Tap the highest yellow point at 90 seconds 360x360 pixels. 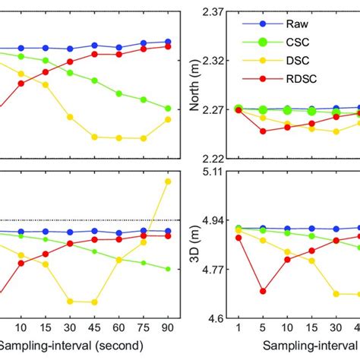pyautogui.click(x=168, y=182)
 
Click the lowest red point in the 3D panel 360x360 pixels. pyautogui.click(x=263, y=291)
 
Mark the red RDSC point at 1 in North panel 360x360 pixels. pyautogui.click(x=238, y=110)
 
